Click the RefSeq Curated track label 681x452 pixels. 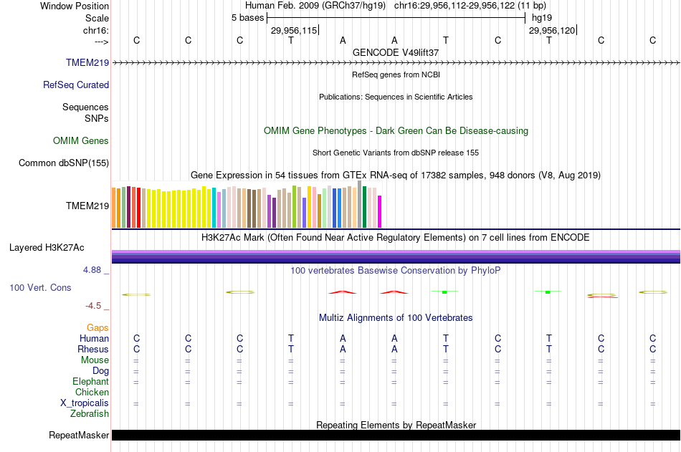(x=76, y=85)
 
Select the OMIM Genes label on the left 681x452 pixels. (x=81, y=140)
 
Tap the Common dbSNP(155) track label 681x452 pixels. (x=64, y=163)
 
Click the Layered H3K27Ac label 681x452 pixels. (x=47, y=248)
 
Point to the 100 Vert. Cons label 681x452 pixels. (x=40, y=287)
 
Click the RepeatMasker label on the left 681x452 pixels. (x=79, y=435)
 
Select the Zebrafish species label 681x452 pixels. (x=90, y=413)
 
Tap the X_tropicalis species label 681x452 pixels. (x=85, y=403)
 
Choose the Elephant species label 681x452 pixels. (x=90, y=381)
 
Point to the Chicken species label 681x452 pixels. (x=92, y=392)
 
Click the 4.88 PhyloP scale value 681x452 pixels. (x=95, y=270)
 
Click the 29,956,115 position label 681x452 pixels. (x=293, y=30)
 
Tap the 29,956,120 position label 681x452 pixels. (x=551, y=30)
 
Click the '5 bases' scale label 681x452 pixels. (x=247, y=17)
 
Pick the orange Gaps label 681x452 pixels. (x=98, y=327)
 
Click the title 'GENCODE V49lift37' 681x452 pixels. (x=396, y=52)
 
